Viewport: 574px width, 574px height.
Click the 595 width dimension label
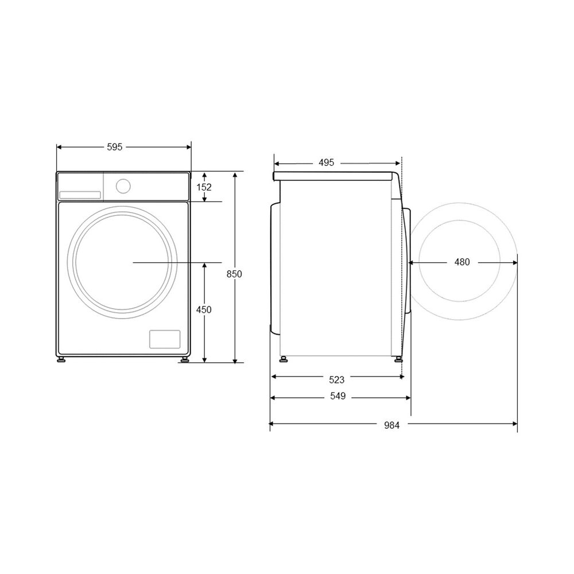pyautogui.click(x=115, y=147)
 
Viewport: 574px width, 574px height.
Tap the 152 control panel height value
pyautogui.click(x=204, y=187)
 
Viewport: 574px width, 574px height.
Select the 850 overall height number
pyautogui.click(x=234, y=274)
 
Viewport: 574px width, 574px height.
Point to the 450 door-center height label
pyautogui.click(x=204, y=310)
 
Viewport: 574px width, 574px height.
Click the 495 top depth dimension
pyautogui.click(x=326, y=162)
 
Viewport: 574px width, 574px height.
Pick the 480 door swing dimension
pyautogui.click(x=462, y=262)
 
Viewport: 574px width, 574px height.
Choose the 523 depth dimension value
pyautogui.click(x=337, y=379)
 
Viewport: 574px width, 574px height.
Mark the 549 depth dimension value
pyautogui.click(x=338, y=397)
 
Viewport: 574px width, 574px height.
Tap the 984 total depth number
pyautogui.click(x=392, y=425)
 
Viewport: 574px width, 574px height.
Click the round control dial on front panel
pyautogui.click(x=122, y=185)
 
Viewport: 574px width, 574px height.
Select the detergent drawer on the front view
pyautogui.click(x=80, y=195)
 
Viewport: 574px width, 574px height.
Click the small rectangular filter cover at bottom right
pyautogui.click(x=165, y=339)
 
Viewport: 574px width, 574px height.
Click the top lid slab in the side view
pyautogui.click(x=336, y=176)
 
